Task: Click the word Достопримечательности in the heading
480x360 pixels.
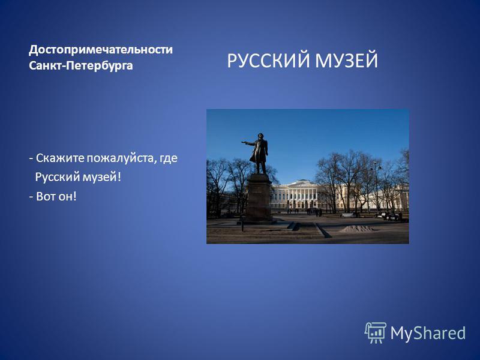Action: click(x=101, y=50)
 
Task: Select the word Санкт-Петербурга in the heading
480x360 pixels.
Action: click(x=81, y=65)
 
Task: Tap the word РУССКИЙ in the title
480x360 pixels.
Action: click(x=268, y=61)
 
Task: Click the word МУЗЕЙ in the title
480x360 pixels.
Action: click(x=347, y=61)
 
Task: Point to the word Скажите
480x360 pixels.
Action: click(x=60, y=158)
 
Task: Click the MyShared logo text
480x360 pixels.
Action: click(x=428, y=334)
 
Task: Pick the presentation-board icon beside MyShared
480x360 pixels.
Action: click(x=376, y=333)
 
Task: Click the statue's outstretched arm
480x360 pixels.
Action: click(x=248, y=143)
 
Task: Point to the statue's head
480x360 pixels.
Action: click(x=260, y=136)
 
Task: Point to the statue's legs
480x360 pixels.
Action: click(x=260, y=167)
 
